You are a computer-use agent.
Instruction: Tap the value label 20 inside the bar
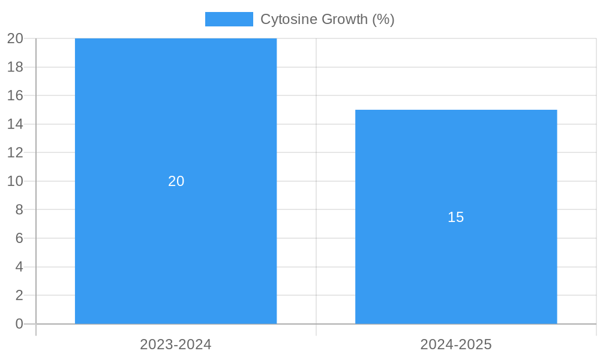coord(176,181)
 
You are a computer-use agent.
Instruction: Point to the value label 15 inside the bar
coord(456,217)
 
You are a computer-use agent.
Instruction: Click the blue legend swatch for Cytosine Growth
coord(229,19)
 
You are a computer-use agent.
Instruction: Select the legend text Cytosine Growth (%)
coord(327,19)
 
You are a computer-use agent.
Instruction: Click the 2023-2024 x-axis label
coord(176,344)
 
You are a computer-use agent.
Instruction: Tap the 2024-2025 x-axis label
coord(456,344)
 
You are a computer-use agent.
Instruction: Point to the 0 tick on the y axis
coord(19,324)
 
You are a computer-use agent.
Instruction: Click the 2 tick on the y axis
coord(19,295)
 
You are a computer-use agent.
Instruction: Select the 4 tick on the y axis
coord(19,267)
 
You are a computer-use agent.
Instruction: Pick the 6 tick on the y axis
coord(19,238)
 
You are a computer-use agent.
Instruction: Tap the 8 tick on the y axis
coord(19,209)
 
